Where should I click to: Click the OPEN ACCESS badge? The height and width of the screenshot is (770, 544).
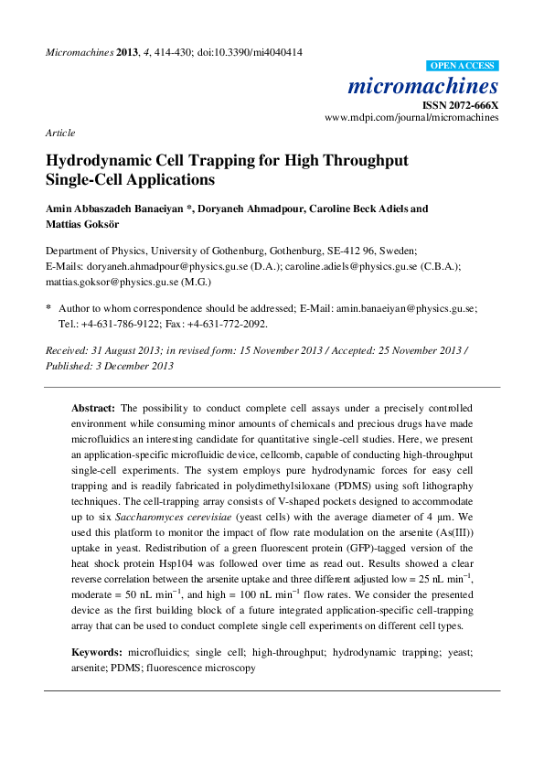(x=463, y=66)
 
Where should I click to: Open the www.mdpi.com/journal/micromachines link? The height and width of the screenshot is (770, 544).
(x=411, y=119)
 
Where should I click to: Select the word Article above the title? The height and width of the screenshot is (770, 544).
(x=60, y=133)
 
